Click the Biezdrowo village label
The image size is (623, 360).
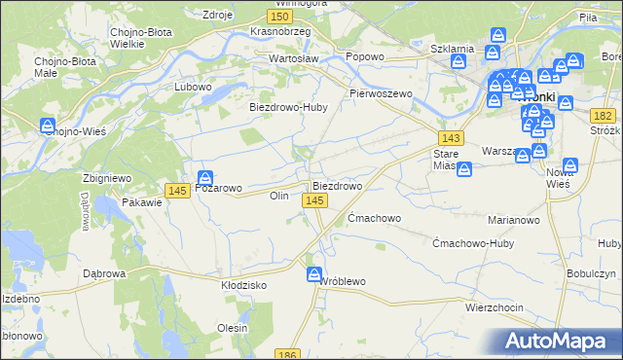click(337, 185)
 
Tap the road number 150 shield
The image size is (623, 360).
click(280, 18)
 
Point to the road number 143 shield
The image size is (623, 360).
click(450, 138)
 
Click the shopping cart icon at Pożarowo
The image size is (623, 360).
click(205, 178)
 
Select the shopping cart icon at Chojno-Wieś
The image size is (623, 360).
click(48, 126)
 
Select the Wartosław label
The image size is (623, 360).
click(294, 58)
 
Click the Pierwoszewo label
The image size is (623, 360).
click(382, 93)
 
